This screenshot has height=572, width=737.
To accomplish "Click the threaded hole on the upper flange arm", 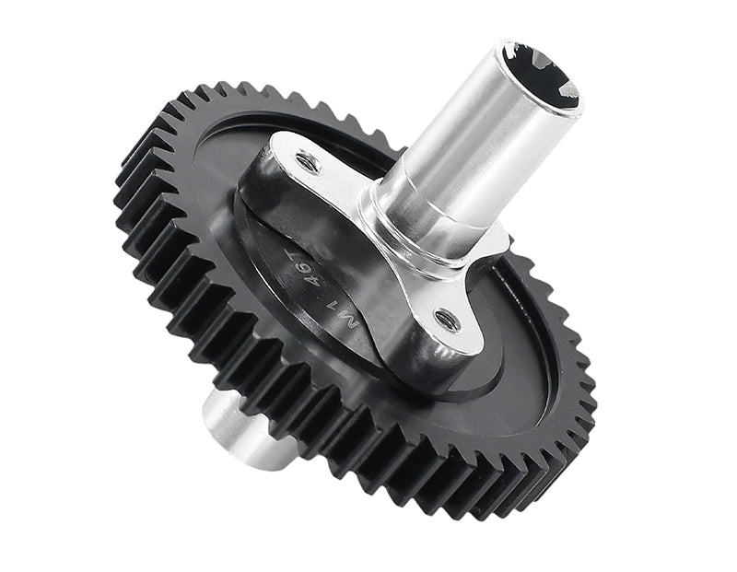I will (308, 163).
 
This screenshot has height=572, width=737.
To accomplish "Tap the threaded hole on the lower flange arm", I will (447, 320).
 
